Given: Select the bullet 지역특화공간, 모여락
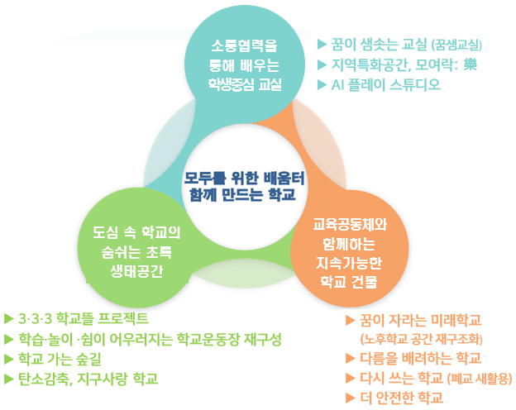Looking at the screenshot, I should coord(397,64).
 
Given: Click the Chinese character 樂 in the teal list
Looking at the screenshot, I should coord(471,64).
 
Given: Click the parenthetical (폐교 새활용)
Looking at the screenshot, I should coord(479,379).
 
